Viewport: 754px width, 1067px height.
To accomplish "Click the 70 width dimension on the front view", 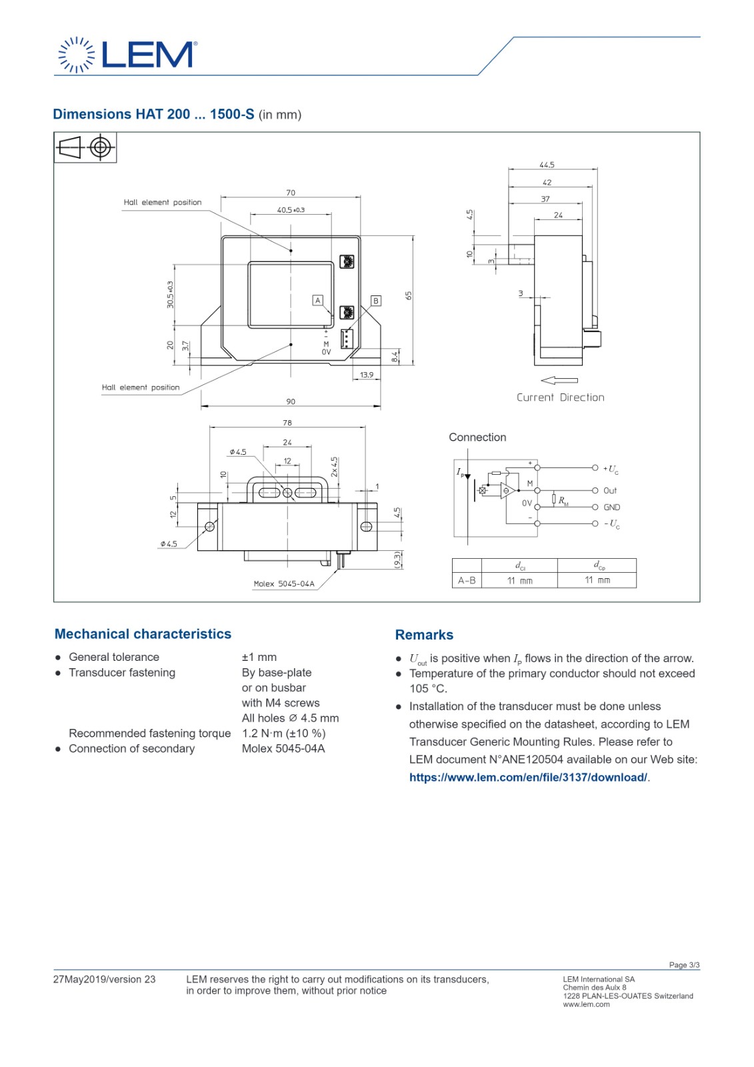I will [x=291, y=193].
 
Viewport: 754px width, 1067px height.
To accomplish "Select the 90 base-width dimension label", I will [x=291, y=401].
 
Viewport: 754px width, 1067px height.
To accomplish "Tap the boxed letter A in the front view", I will [x=318, y=301].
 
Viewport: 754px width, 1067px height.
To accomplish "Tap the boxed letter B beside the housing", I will [x=376, y=301].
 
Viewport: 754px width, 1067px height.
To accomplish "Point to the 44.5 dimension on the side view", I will [x=547, y=165].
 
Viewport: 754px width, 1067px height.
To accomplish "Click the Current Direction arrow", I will [x=559, y=380].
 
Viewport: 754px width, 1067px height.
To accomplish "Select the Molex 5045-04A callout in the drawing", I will [x=284, y=584].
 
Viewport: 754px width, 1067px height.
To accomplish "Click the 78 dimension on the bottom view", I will [x=287, y=423].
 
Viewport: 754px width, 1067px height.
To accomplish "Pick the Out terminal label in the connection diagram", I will [x=610, y=491].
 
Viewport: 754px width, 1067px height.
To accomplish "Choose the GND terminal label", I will [x=611, y=507].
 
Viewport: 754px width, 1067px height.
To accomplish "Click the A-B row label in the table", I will [x=467, y=581].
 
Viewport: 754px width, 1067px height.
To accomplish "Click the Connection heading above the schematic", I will [x=477, y=437].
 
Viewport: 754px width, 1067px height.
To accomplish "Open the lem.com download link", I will [x=528, y=778].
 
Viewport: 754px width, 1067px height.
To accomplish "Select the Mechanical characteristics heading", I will [x=143, y=634].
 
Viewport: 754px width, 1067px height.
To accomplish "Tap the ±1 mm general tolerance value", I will [x=259, y=658].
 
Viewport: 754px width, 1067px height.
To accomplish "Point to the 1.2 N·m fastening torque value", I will [x=283, y=734].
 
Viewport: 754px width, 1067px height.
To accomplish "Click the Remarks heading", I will [x=424, y=635].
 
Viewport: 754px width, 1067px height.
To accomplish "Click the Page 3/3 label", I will [x=684, y=965].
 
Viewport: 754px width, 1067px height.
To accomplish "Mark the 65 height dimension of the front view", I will [x=409, y=295].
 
